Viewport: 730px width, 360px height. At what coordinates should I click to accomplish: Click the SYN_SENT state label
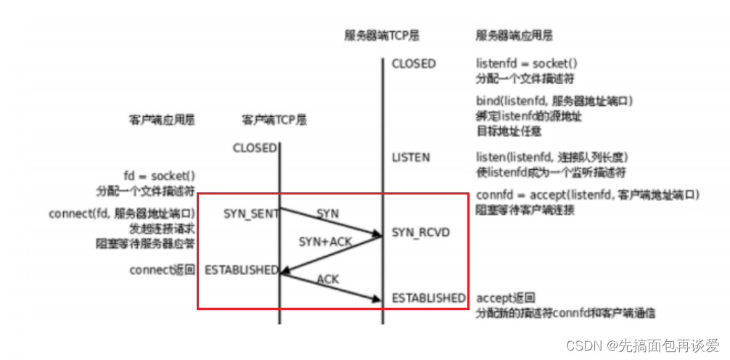[250, 213]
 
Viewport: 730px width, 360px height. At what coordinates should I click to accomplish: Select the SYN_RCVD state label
[421, 232]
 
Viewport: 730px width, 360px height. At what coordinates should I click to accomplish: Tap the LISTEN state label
[411, 157]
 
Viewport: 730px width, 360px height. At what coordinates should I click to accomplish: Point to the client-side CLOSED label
[254, 148]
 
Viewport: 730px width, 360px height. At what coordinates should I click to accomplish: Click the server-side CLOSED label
[414, 63]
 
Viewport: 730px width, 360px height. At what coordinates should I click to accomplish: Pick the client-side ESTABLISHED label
[241, 269]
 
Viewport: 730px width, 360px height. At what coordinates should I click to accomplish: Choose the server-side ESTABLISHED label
[428, 298]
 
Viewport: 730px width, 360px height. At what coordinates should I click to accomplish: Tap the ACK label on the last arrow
[329, 279]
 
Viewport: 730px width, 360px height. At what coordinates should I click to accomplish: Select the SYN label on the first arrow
[327, 213]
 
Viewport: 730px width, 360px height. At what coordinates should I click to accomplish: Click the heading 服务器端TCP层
[382, 35]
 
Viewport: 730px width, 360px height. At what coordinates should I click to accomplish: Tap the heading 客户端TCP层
[275, 120]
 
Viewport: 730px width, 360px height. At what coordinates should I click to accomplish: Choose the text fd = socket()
[160, 176]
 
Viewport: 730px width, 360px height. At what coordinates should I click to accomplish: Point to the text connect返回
[163, 270]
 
